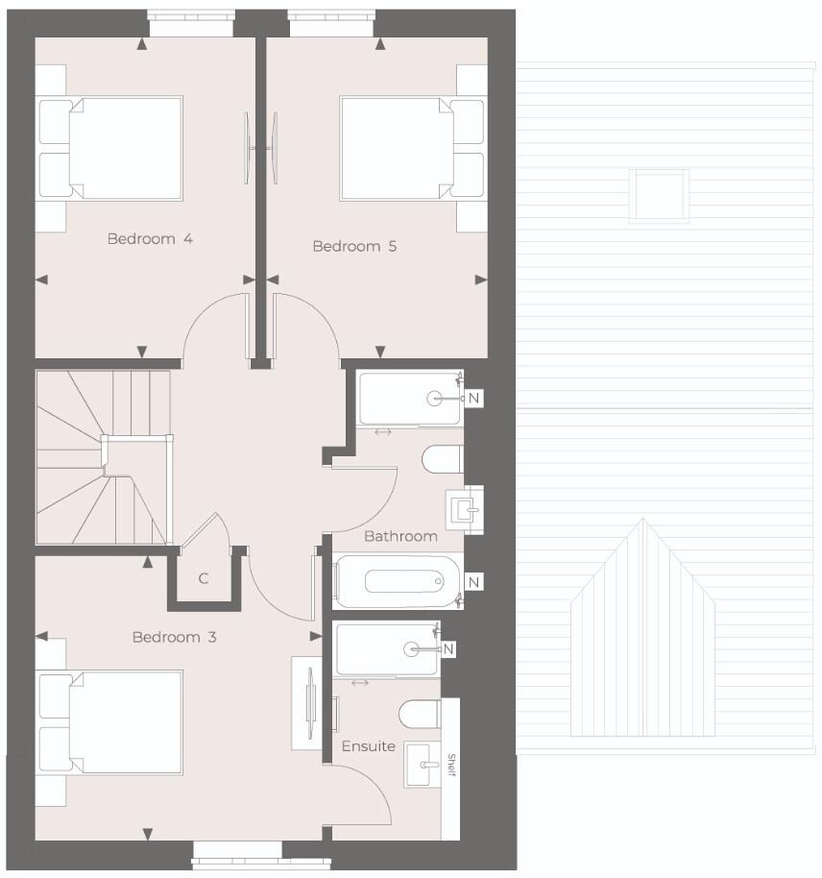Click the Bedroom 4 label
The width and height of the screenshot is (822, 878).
pos(150,238)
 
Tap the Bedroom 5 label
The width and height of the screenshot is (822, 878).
pos(354,247)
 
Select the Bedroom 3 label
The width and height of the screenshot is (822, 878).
pos(175,637)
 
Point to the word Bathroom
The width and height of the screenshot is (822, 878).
pos(400,536)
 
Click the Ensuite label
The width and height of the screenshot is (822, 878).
pos(368,745)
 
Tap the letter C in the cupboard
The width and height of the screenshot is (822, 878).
pos(204,578)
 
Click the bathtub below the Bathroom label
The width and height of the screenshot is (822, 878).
pos(398,582)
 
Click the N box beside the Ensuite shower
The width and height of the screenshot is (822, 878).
pos(448,649)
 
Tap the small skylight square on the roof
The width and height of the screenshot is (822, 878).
pos(659,195)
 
